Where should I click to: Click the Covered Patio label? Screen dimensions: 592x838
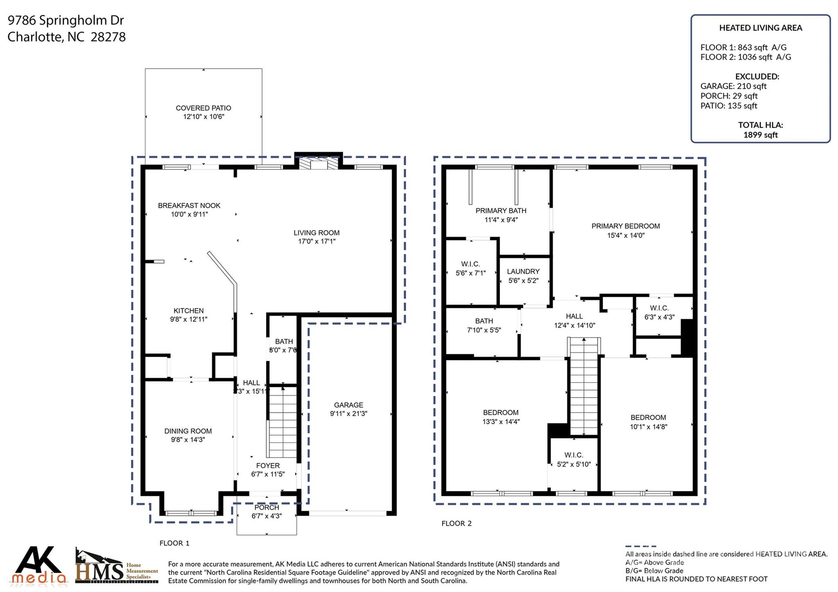tap(203, 108)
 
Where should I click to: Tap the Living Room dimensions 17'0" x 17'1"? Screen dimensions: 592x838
tap(316, 241)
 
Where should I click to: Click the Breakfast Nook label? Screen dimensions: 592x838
tap(189, 205)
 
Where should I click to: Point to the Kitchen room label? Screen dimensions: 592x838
tap(188, 311)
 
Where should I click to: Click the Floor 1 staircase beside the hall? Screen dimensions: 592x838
tap(282, 421)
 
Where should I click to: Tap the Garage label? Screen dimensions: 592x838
tap(348, 405)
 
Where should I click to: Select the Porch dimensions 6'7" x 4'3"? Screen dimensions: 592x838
tap(266, 516)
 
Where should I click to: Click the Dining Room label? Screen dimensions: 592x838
tap(188, 431)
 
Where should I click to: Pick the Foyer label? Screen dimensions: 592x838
tap(268, 466)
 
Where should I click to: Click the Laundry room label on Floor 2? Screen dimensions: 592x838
tap(523, 271)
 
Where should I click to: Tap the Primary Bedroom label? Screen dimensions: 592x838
tap(625, 226)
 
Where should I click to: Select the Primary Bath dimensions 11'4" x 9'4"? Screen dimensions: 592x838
tap(501, 220)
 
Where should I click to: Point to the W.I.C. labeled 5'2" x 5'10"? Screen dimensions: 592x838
tap(574, 455)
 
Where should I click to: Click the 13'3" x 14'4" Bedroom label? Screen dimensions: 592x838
tap(500, 412)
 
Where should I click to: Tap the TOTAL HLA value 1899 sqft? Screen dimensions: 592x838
tap(760, 135)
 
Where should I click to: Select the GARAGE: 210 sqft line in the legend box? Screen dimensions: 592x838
tap(733, 86)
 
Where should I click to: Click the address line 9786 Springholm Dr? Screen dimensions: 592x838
tap(65, 20)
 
